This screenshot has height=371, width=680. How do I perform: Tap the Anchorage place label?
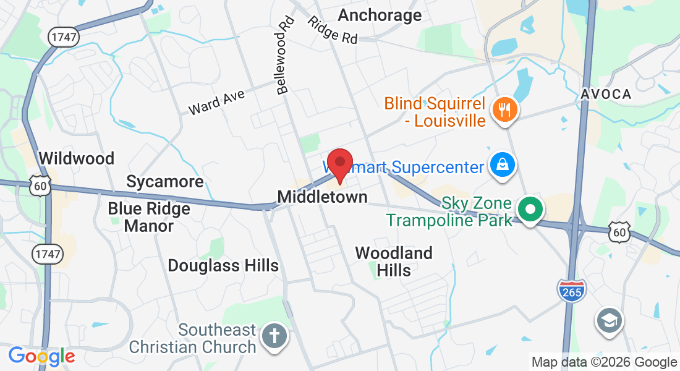(x=380, y=15)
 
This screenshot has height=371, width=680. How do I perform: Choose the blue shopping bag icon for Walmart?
(x=503, y=165)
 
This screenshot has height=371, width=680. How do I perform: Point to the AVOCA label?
(x=606, y=94)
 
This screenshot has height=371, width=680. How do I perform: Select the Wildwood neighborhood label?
(x=77, y=158)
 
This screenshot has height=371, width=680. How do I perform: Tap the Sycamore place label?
(x=164, y=181)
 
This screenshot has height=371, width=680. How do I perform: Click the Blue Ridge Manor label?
(x=149, y=216)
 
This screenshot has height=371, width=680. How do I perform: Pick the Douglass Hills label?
(x=223, y=266)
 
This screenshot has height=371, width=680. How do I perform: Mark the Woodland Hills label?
(x=394, y=261)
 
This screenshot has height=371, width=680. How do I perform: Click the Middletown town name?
(x=322, y=197)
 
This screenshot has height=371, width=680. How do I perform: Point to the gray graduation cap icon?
(x=610, y=320)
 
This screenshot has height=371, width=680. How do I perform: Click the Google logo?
(x=41, y=356)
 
